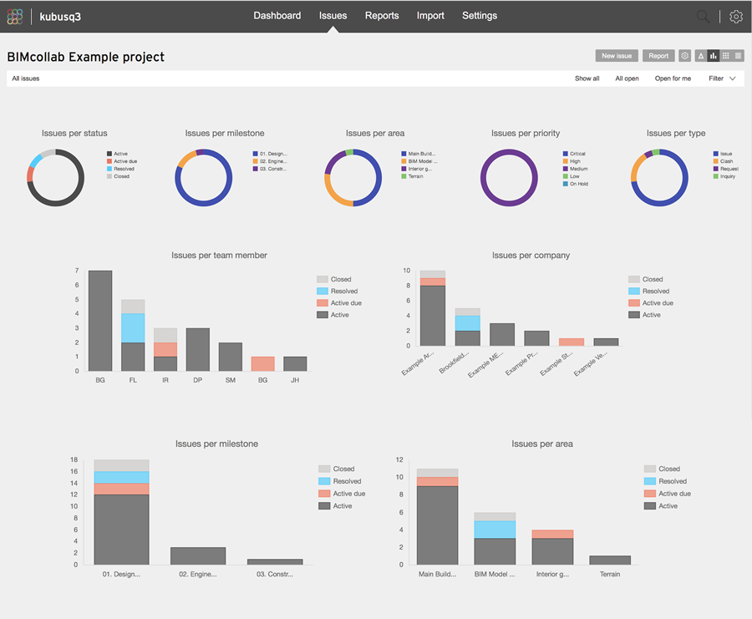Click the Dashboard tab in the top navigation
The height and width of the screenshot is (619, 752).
pos(277,16)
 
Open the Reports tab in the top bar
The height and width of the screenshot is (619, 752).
pos(382,16)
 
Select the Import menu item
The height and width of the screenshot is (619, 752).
pos(430,16)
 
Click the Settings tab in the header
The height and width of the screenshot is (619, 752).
pos(480,16)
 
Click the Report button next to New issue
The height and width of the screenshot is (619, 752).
pos(658,56)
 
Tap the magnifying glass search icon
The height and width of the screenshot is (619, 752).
pos(704,17)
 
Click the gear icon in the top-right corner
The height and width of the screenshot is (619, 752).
pos(735,17)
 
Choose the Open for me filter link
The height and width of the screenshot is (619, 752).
pos(673,79)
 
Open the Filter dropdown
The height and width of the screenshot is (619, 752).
pos(722,79)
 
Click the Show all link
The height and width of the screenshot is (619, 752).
pos(587,79)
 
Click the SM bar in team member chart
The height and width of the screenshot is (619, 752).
pos(231,357)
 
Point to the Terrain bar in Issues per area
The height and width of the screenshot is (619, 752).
pos(609,560)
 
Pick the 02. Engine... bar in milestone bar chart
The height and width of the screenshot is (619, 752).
pos(198,556)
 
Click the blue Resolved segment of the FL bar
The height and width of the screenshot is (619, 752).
pos(133,327)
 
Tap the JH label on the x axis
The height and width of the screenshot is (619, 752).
pos(295,380)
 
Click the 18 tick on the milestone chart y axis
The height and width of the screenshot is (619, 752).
pos(74,459)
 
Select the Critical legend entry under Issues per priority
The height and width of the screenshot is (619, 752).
pos(577,154)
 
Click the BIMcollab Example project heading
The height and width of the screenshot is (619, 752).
pos(86,58)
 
